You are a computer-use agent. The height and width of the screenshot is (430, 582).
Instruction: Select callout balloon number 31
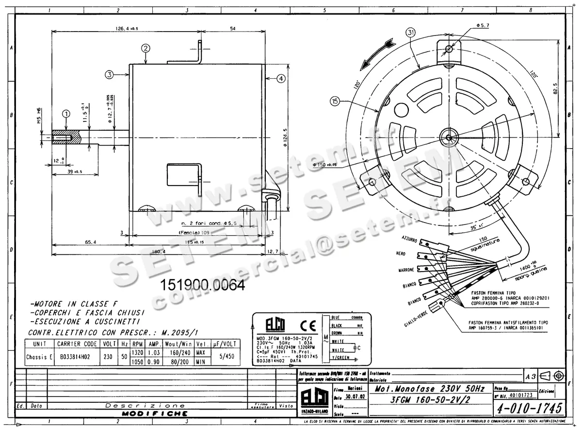coord(411,33)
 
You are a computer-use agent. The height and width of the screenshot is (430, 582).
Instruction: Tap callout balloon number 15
coord(335,101)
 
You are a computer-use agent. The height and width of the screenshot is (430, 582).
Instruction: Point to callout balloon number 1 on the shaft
coord(66,113)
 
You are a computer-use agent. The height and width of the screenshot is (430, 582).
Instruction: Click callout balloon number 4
coord(282,78)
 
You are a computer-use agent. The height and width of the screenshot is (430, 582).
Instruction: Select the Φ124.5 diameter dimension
coord(286,138)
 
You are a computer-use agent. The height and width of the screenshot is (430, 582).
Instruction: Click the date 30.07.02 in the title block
coord(353,396)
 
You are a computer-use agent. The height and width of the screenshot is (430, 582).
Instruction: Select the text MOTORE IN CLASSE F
coord(70,303)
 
